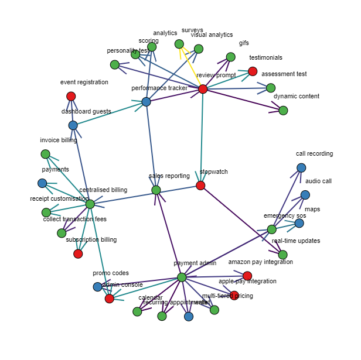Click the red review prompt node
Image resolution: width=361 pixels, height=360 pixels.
pos(203,89)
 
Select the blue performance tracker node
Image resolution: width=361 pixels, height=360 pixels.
pos(146,102)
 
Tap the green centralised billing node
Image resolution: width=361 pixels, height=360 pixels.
pos(90,204)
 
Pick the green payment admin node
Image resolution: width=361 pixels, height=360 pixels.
pos(182,277)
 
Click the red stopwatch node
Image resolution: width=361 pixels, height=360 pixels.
pos(200,186)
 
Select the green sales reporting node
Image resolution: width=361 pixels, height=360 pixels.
pos(156,190)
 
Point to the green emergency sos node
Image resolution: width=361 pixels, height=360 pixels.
pos(271,229)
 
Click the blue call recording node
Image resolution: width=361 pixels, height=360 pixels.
pos(301,168)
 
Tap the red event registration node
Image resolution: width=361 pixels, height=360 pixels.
pos(71,96)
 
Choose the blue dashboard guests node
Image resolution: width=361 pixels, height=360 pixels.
pos(73,125)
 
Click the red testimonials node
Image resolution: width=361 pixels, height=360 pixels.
pos(253,71)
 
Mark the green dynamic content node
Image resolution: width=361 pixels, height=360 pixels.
pos(283,111)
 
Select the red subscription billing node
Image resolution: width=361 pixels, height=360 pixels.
pos(78,253)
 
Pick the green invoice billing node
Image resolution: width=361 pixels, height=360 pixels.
pos(45,154)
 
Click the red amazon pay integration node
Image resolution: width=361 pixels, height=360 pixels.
pos(247,276)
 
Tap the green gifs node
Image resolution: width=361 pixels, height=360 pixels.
pos(230,57)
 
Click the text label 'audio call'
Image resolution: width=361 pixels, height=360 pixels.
pos(318,181)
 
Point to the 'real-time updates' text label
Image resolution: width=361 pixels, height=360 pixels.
pos(296,241)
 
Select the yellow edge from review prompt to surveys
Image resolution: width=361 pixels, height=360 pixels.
pos(191,67)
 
